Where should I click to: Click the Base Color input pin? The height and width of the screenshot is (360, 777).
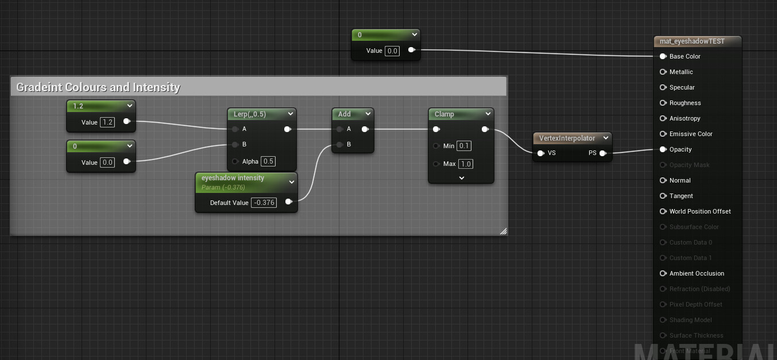tap(663, 56)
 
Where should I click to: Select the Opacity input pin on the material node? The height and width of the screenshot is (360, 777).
tap(663, 149)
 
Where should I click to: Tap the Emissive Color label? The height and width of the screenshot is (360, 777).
tap(691, 134)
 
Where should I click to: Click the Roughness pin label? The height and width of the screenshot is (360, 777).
tap(685, 103)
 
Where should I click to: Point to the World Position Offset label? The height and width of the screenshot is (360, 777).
tap(700, 211)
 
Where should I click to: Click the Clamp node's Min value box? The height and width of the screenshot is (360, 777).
tap(464, 146)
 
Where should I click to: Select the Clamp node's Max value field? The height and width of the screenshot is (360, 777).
tap(465, 164)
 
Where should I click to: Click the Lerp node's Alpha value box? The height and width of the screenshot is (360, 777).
tap(268, 161)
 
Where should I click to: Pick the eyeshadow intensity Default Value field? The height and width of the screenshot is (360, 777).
tap(264, 202)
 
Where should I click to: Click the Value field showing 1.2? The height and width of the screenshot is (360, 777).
tap(107, 122)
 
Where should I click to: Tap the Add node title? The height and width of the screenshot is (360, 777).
tap(345, 114)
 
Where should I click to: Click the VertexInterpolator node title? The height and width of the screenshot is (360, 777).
tap(567, 138)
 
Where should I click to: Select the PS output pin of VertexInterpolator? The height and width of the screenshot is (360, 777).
tap(602, 153)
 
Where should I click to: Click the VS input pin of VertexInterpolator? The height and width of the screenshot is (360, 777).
tap(540, 153)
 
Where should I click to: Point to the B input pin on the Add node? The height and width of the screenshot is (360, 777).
tap(339, 145)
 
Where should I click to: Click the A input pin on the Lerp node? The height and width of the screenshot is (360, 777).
tap(235, 129)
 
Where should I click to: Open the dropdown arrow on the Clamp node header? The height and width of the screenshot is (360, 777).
tap(488, 114)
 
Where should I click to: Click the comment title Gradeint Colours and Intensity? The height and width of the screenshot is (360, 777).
tap(98, 87)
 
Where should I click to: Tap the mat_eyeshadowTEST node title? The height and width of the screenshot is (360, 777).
tap(692, 41)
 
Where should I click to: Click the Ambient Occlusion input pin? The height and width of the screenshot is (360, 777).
tap(663, 273)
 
